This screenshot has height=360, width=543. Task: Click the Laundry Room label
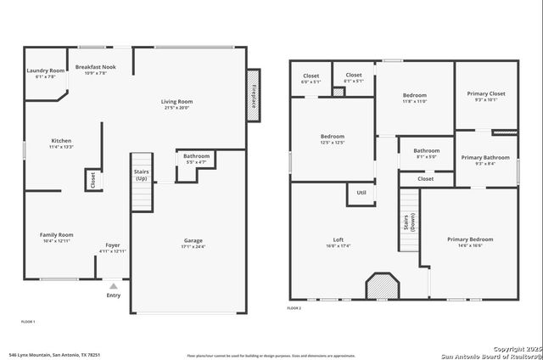(x=46, y=70)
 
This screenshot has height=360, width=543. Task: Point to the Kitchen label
(x=61, y=141)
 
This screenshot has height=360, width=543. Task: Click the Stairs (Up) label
(x=142, y=176)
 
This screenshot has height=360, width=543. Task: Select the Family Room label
(x=57, y=234)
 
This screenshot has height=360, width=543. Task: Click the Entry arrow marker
(x=113, y=286)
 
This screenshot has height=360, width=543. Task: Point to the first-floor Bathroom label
(x=196, y=156)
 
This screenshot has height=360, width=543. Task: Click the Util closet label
(x=361, y=193)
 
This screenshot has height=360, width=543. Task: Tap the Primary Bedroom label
(x=470, y=239)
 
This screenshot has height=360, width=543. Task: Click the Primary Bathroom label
(x=485, y=157)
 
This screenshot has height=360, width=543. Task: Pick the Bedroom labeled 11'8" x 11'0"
(x=414, y=95)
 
